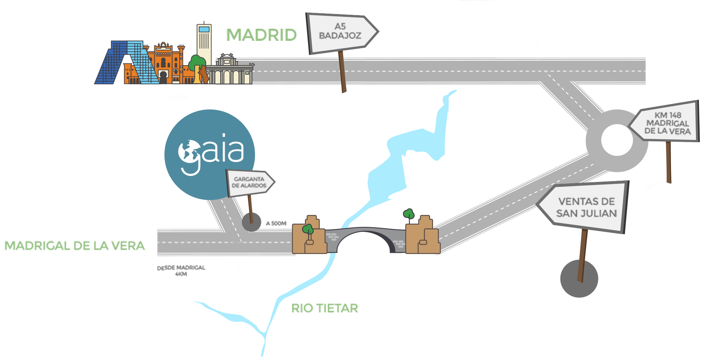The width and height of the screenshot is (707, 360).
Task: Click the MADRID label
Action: point(261,35)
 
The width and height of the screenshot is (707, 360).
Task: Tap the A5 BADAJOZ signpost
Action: point(341,32)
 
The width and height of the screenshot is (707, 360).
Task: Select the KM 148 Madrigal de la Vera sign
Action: point(666,123)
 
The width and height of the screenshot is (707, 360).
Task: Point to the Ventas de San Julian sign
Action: point(585,207)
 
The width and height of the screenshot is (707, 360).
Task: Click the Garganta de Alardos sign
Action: point(249,182)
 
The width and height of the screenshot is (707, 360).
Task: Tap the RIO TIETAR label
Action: point(324,308)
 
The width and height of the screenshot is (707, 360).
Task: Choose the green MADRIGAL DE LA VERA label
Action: point(74,246)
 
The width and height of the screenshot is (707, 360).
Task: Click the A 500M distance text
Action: point(276,223)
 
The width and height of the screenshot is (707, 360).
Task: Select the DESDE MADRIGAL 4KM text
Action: point(181,271)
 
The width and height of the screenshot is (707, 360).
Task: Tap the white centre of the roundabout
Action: point(617,140)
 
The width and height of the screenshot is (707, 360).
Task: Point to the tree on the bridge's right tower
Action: point(409,213)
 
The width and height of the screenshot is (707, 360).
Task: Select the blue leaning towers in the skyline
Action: point(125,63)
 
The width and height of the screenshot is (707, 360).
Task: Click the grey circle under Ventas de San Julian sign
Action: point(579,279)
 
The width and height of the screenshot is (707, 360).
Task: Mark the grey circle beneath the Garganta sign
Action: point(251,222)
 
